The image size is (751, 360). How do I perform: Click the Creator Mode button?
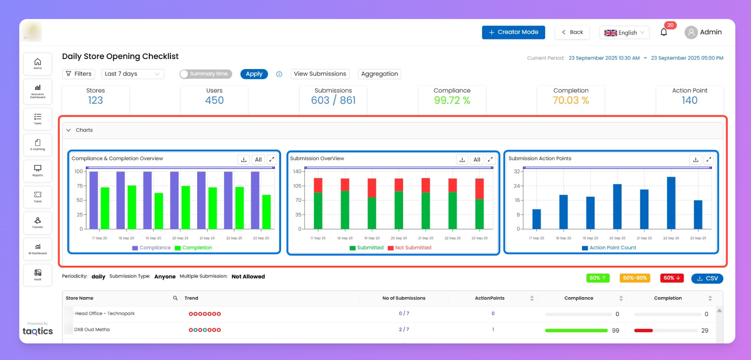click(513, 32)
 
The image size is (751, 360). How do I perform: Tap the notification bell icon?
click(663, 32)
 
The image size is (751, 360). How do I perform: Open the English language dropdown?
click(624, 33)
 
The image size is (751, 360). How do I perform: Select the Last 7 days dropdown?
click(132, 74)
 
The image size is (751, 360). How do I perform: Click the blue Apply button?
click(254, 74)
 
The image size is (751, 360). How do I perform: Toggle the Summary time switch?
click(205, 74)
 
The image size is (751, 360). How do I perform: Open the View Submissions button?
click(320, 74)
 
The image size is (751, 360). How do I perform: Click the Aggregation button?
click(379, 74)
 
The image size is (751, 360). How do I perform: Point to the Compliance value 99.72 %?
click(452, 100)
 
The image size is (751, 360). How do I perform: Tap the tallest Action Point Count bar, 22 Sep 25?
click(671, 202)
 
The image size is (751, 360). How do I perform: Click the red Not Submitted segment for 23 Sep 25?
click(480, 188)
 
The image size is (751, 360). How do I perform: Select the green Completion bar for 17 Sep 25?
click(105, 208)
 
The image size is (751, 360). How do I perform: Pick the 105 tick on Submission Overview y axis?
click(297, 186)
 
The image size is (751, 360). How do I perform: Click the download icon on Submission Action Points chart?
click(695, 159)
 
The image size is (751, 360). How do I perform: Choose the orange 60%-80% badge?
click(635, 278)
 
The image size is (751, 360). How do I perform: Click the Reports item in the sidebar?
click(38, 170)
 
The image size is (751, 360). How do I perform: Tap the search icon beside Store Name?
click(175, 298)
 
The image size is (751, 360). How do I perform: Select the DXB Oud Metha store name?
click(92, 330)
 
